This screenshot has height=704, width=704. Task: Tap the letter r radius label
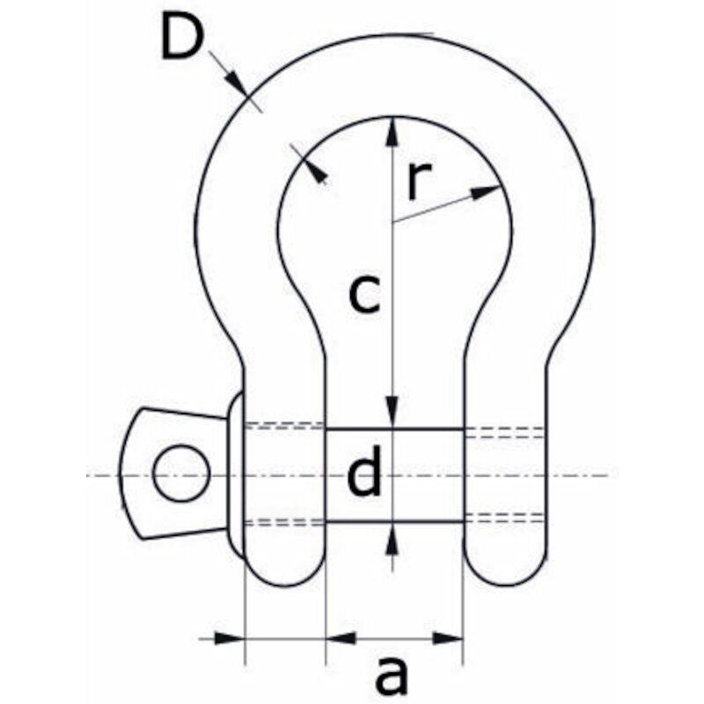coord(419,180)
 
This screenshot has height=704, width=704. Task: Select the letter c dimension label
coord(364,294)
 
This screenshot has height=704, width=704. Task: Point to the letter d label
coord(364,470)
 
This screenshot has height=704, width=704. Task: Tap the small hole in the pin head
coord(181,473)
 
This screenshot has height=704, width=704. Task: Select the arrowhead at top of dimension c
coord(392,131)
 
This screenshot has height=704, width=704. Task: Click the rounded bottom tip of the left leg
coord(283,585)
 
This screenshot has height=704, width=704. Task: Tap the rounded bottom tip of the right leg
coord(506,585)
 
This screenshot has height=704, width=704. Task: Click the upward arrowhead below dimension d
coord(392,538)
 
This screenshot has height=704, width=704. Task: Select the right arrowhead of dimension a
coord(448,638)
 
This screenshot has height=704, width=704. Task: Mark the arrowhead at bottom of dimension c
coord(392,411)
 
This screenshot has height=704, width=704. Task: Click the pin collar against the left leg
coord(235,475)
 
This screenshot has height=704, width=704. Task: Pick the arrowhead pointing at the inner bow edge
coord(318,172)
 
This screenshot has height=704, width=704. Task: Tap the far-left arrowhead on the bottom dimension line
coord(230,638)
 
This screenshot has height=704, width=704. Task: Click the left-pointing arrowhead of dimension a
coord(341,638)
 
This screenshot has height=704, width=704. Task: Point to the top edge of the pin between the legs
coord(394,429)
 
